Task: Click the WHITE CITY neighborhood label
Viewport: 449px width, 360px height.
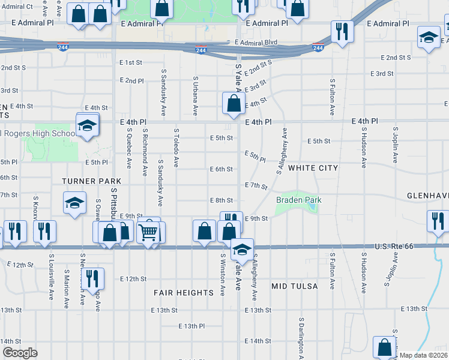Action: point(313,169)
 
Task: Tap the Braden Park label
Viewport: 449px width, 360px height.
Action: point(299,200)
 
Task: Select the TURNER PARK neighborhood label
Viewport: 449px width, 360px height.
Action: point(91,181)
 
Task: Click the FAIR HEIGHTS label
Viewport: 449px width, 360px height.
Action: point(184,293)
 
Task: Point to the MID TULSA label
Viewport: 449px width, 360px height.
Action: point(294,286)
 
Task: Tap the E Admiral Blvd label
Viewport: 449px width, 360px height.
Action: point(256,43)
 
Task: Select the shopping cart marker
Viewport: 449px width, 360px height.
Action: point(148,231)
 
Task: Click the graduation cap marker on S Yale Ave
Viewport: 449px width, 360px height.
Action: point(242,249)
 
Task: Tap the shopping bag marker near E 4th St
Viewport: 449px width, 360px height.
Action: point(234,103)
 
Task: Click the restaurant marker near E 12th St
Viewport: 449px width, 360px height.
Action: point(92,278)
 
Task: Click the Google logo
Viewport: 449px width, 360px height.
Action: point(20,353)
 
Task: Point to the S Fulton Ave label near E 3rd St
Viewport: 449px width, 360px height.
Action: point(332,97)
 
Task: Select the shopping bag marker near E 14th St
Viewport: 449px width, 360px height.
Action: point(384,347)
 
